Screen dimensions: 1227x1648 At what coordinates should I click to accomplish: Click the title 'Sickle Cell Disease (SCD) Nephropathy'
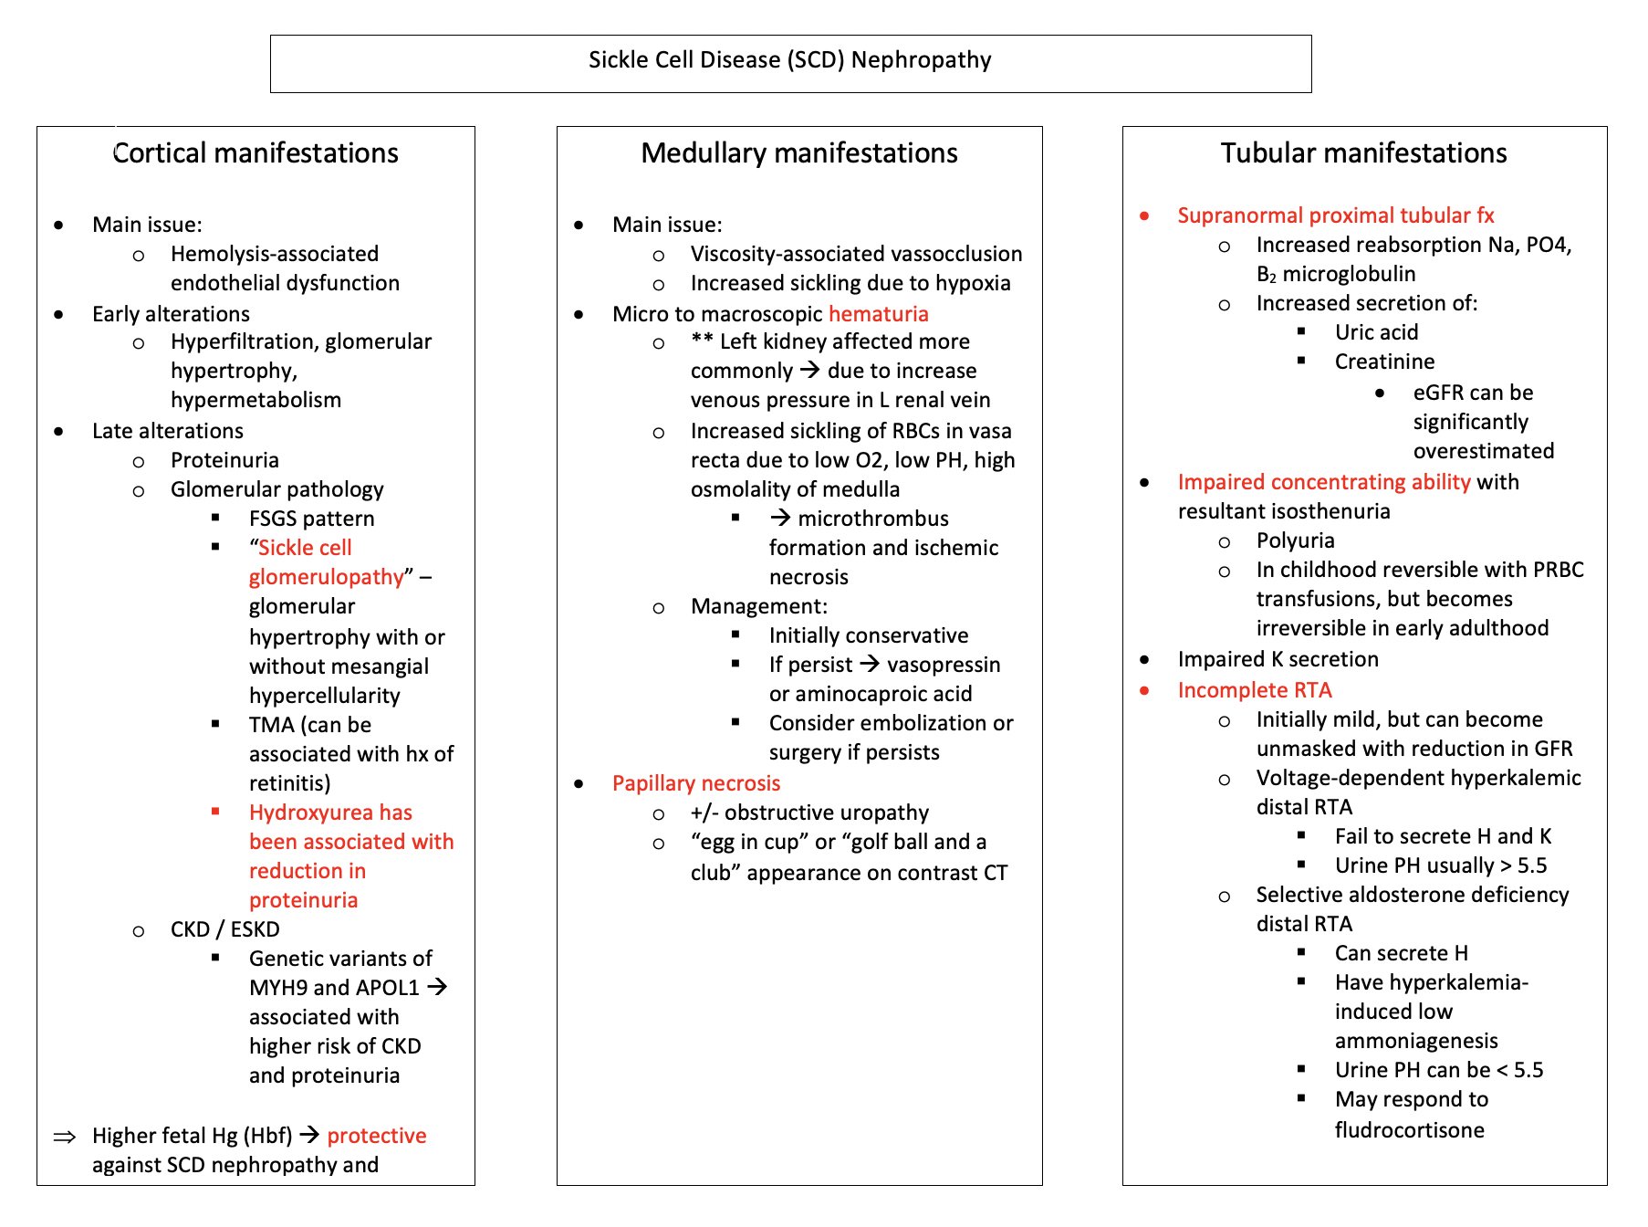click(789, 60)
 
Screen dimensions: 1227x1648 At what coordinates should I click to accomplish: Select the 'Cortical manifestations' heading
click(256, 152)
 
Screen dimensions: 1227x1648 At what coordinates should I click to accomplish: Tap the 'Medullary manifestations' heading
click(799, 152)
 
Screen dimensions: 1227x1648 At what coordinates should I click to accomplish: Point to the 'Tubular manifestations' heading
click(1363, 152)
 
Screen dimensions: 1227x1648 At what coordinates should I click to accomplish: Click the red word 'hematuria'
click(878, 314)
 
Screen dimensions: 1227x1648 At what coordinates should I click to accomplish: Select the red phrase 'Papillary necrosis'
click(696, 783)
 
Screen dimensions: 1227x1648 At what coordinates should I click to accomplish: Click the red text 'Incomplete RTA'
click(1255, 690)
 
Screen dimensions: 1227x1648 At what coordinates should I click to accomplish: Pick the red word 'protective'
click(377, 1136)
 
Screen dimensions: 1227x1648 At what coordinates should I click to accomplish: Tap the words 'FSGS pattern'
click(311, 519)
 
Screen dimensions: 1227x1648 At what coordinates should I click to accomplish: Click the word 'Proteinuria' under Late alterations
click(224, 460)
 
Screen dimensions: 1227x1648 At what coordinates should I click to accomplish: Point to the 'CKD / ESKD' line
click(224, 929)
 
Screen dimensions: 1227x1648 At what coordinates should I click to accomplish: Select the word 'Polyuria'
click(1295, 540)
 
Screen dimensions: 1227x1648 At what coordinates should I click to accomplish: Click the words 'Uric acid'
click(1376, 332)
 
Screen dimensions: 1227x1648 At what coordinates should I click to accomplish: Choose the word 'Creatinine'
click(1384, 362)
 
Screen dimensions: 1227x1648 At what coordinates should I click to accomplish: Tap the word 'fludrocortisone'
click(1409, 1130)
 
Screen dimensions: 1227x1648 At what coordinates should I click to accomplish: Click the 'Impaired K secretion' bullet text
click(1278, 659)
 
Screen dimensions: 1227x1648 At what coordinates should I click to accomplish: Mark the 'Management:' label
click(759, 606)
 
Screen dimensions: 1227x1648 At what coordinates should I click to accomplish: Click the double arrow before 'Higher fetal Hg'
click(65, 1137)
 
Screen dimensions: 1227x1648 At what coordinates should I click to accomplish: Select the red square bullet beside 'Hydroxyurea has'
click(215, 812)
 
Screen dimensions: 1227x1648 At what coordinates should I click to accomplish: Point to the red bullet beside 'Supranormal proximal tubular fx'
click(1144, 216)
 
